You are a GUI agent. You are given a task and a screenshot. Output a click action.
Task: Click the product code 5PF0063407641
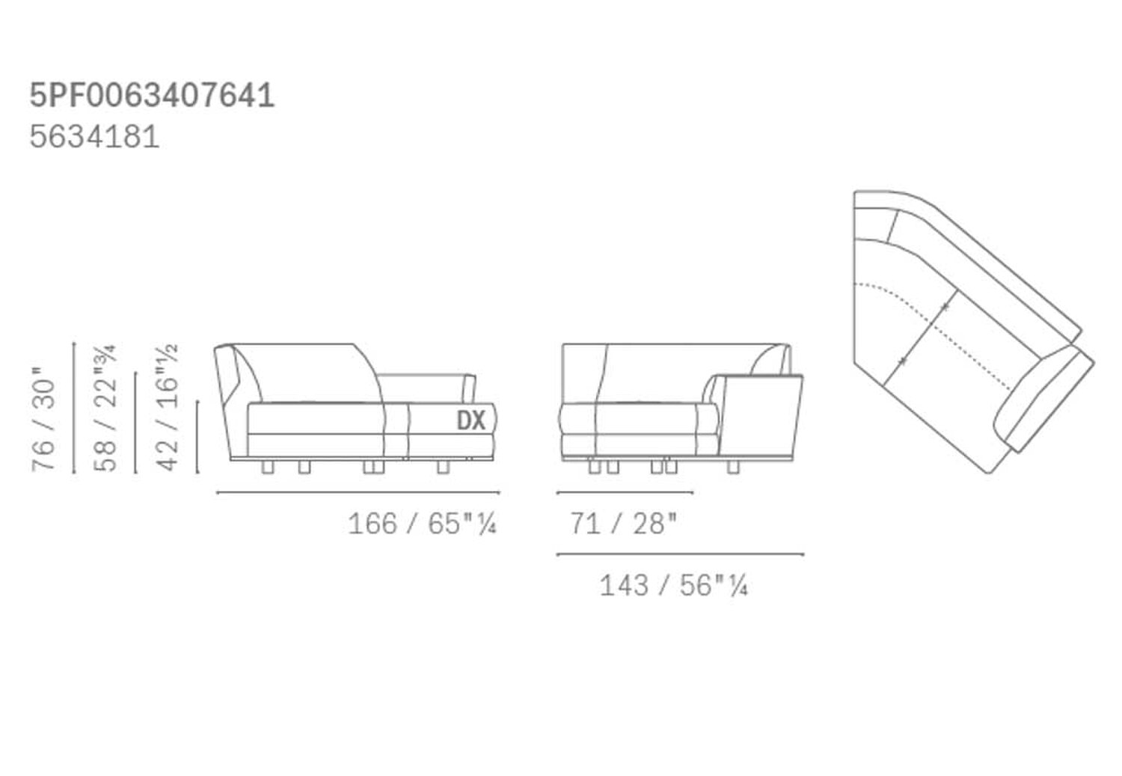tap(152, 96)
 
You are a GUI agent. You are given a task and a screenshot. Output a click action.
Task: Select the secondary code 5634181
tap(94, 137)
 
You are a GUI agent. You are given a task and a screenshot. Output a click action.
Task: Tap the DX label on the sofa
tap(471, 421)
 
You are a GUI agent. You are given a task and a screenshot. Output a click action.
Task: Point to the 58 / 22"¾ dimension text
tap(105, 408)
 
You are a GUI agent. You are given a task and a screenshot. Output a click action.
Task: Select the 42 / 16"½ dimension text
tap(168, 408)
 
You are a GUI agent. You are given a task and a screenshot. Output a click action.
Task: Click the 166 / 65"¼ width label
tap(422, 524)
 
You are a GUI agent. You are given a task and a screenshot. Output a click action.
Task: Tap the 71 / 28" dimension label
tap(623, 524)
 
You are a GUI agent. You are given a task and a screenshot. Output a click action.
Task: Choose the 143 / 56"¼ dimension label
tap(673, 585)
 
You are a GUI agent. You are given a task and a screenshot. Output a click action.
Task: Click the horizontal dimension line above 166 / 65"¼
tap(358, 492)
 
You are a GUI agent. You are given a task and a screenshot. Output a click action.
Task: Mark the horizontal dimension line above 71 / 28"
tap(625, 493)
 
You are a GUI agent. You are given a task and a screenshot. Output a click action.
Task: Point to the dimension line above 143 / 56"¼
tap(680, 554)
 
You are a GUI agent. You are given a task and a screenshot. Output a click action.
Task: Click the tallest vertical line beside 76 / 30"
tap(74, 408)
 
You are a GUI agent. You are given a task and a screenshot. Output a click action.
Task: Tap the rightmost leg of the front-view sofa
tap(443, 468)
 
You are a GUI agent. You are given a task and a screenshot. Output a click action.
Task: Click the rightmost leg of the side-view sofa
tap(734, 468)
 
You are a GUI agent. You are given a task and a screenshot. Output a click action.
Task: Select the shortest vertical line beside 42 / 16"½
tap(197, 437)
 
